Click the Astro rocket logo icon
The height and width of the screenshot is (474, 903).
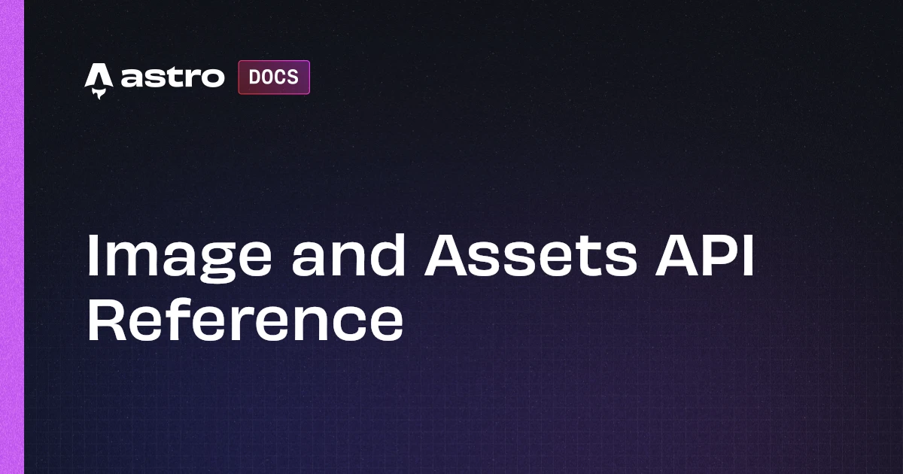coord(99,81)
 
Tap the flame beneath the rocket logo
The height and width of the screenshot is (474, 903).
coord(99,94)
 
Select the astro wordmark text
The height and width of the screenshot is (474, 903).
coord(172,77)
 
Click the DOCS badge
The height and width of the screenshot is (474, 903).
coord(274,77)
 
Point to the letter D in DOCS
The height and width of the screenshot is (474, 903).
coord(255,77)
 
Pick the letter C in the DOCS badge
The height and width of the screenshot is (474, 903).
coord(281,77)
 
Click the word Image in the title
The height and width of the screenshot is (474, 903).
coord(179,259)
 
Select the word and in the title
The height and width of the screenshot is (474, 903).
coord(348,256)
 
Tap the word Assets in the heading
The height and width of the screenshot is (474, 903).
coord(531,256)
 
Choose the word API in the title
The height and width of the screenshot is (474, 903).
coord(704,256)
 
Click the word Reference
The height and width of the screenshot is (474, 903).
coord(245,320)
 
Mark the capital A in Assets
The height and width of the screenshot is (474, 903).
coord(448,256)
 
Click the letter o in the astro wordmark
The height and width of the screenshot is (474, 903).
coord(213,78)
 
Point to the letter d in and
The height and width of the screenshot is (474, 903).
coord(385,256)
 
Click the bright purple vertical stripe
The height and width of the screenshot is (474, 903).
coord(12,237)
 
